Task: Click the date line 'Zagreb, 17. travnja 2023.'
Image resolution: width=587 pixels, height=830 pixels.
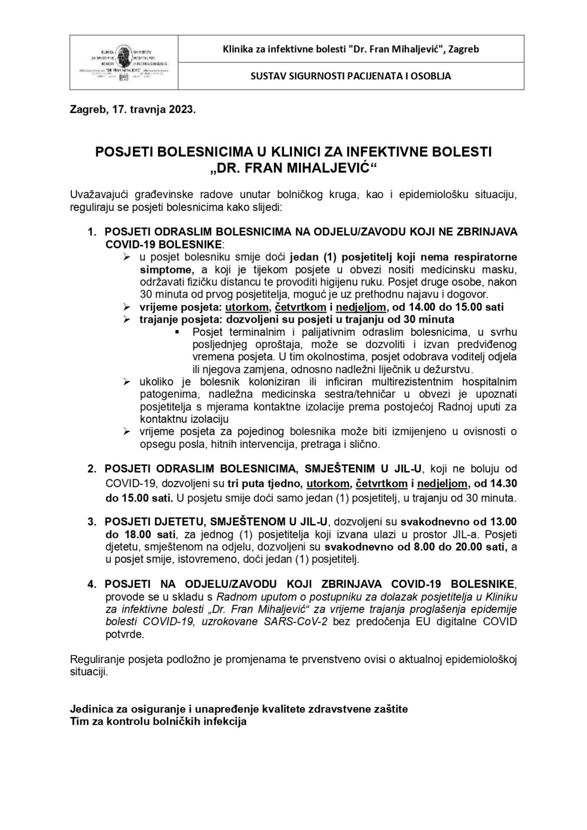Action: point(132,110)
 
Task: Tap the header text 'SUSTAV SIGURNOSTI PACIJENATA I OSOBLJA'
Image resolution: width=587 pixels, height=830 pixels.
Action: point(351,76)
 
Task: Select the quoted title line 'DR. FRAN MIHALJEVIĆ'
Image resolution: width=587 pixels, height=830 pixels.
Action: point(293,168)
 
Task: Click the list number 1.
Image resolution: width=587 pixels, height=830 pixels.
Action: point(92,231)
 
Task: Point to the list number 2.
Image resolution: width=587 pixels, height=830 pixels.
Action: point(92,467)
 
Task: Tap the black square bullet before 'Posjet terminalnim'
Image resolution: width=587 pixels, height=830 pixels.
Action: point(177,332)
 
